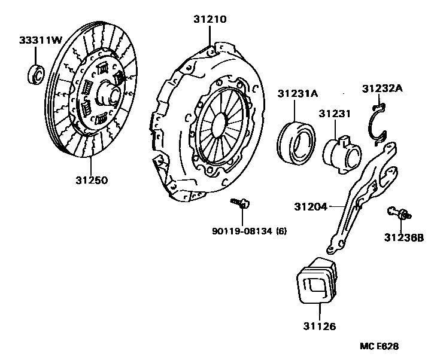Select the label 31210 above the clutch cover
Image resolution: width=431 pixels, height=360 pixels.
click(x=210, y=19)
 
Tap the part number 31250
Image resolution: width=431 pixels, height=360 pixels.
click(x=92, y=179)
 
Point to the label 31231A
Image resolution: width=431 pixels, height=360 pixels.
click(x=297, y=93)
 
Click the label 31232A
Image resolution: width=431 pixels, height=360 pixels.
click(x=383, y=89)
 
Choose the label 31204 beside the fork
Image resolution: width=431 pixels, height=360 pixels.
click(x=311, y=207)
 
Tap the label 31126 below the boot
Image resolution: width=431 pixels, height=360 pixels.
click(x=320, y=327)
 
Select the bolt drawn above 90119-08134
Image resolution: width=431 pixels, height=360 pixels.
click(x=241, y=204)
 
